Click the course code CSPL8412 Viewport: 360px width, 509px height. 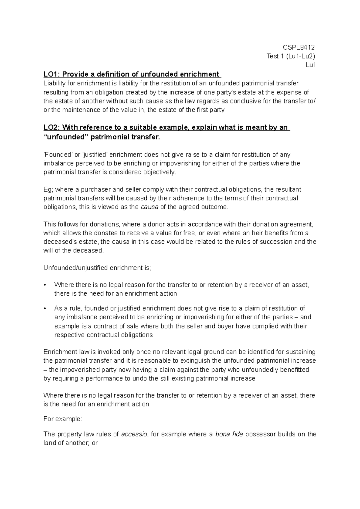(299, 47)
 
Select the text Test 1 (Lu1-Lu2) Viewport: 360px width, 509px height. (291, 56)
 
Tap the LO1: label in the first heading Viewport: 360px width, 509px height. (52, 74)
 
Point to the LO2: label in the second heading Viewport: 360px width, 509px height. (52, 127)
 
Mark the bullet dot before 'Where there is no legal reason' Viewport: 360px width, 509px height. (45, 285)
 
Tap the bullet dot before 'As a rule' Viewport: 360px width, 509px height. (45, 308)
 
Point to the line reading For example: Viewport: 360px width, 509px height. (62, 419)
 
